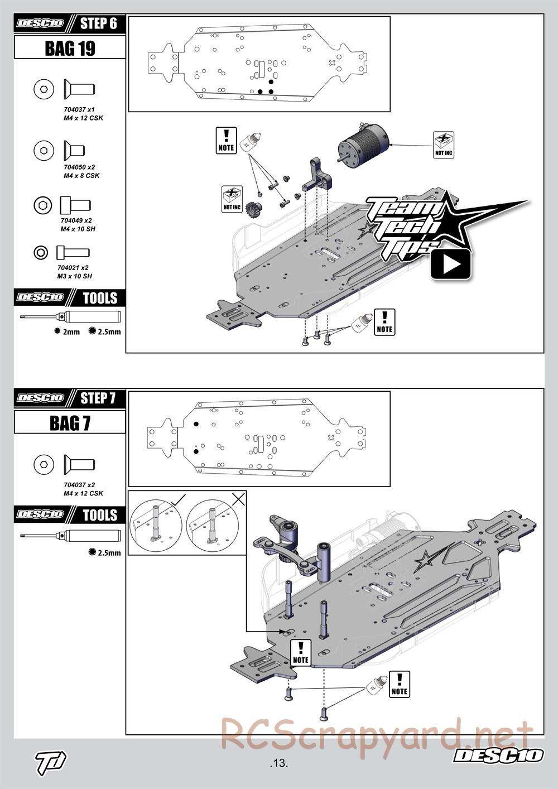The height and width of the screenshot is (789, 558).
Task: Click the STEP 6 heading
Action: (x=98, y=23)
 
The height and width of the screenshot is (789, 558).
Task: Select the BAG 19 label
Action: (x=70, y=49)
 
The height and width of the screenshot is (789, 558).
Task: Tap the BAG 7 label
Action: (x=70, y=423)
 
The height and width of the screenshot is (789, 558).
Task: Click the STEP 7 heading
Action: (x=98, y=398)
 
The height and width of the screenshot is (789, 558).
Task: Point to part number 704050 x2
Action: (x=79, y=167)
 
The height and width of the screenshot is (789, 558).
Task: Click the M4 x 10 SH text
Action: (x=76, y=229)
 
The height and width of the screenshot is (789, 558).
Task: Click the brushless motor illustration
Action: (x=363, y=143)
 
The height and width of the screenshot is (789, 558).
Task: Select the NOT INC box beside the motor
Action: (x=444, y=145)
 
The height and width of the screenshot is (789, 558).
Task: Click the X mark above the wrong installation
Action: (x=238, y=499)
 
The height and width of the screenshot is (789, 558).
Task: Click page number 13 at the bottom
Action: (x=278, y=763)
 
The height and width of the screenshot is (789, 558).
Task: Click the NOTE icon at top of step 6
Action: (x=226, y=141)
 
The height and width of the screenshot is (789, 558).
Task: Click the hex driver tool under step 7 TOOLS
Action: (x=70, y=536)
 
